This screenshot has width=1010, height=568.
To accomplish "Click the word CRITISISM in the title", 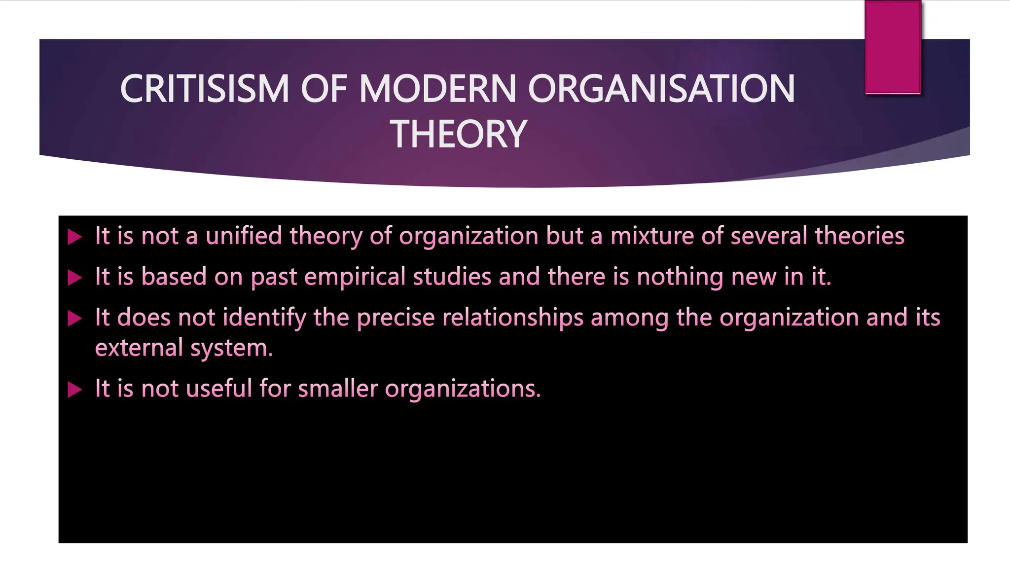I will tap(204, 89).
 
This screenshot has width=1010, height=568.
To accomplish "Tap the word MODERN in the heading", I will tap(437, 89).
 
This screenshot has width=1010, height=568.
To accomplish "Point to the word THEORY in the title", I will tap(459, 134).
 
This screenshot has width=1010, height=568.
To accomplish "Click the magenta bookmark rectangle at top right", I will tap(893, 47).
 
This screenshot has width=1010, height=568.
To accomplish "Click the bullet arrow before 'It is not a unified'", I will tap(74, 237).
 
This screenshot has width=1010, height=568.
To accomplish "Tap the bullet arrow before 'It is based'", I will tap(74, 278).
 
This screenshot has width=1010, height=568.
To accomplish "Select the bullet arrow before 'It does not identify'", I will tap(74, 319).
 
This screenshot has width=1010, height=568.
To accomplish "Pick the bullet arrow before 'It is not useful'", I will tap(74, 390).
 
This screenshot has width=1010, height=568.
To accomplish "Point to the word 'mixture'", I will tap(652, 236).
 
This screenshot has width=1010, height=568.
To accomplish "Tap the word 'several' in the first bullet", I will tap(769, 236).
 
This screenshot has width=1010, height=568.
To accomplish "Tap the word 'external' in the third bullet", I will tap(139, 348).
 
